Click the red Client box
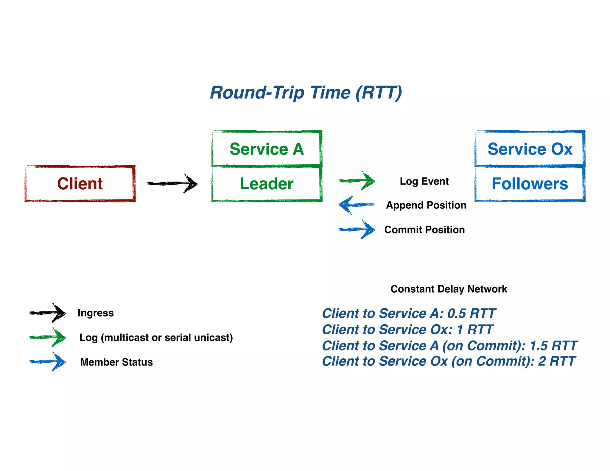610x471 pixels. [x=80, y=183]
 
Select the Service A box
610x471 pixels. [x=267, y=149]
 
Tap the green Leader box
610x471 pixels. [x=267, y=184]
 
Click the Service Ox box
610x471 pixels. [x=530, y=149]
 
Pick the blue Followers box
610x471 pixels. [x=530, y=184]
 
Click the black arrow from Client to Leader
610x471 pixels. [x=172, y=183]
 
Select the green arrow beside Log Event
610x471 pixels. [x=357, y=180]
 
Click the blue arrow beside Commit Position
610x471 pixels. [x=357, y=229]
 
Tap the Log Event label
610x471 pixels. [x=424, y=181]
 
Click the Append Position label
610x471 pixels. [x=426, y=205]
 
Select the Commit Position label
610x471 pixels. [x=424, y=230]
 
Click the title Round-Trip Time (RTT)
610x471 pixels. [x=306, y=93]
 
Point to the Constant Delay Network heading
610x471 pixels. [x=449, y=289]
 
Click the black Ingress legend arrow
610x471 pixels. [x=48, y=313]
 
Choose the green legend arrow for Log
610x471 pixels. [x=48, y=337]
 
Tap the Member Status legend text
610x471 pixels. [x=116, y=362]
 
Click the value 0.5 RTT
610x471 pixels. [x=471, y=314]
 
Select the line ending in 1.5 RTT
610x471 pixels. [x=450, y=346]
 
